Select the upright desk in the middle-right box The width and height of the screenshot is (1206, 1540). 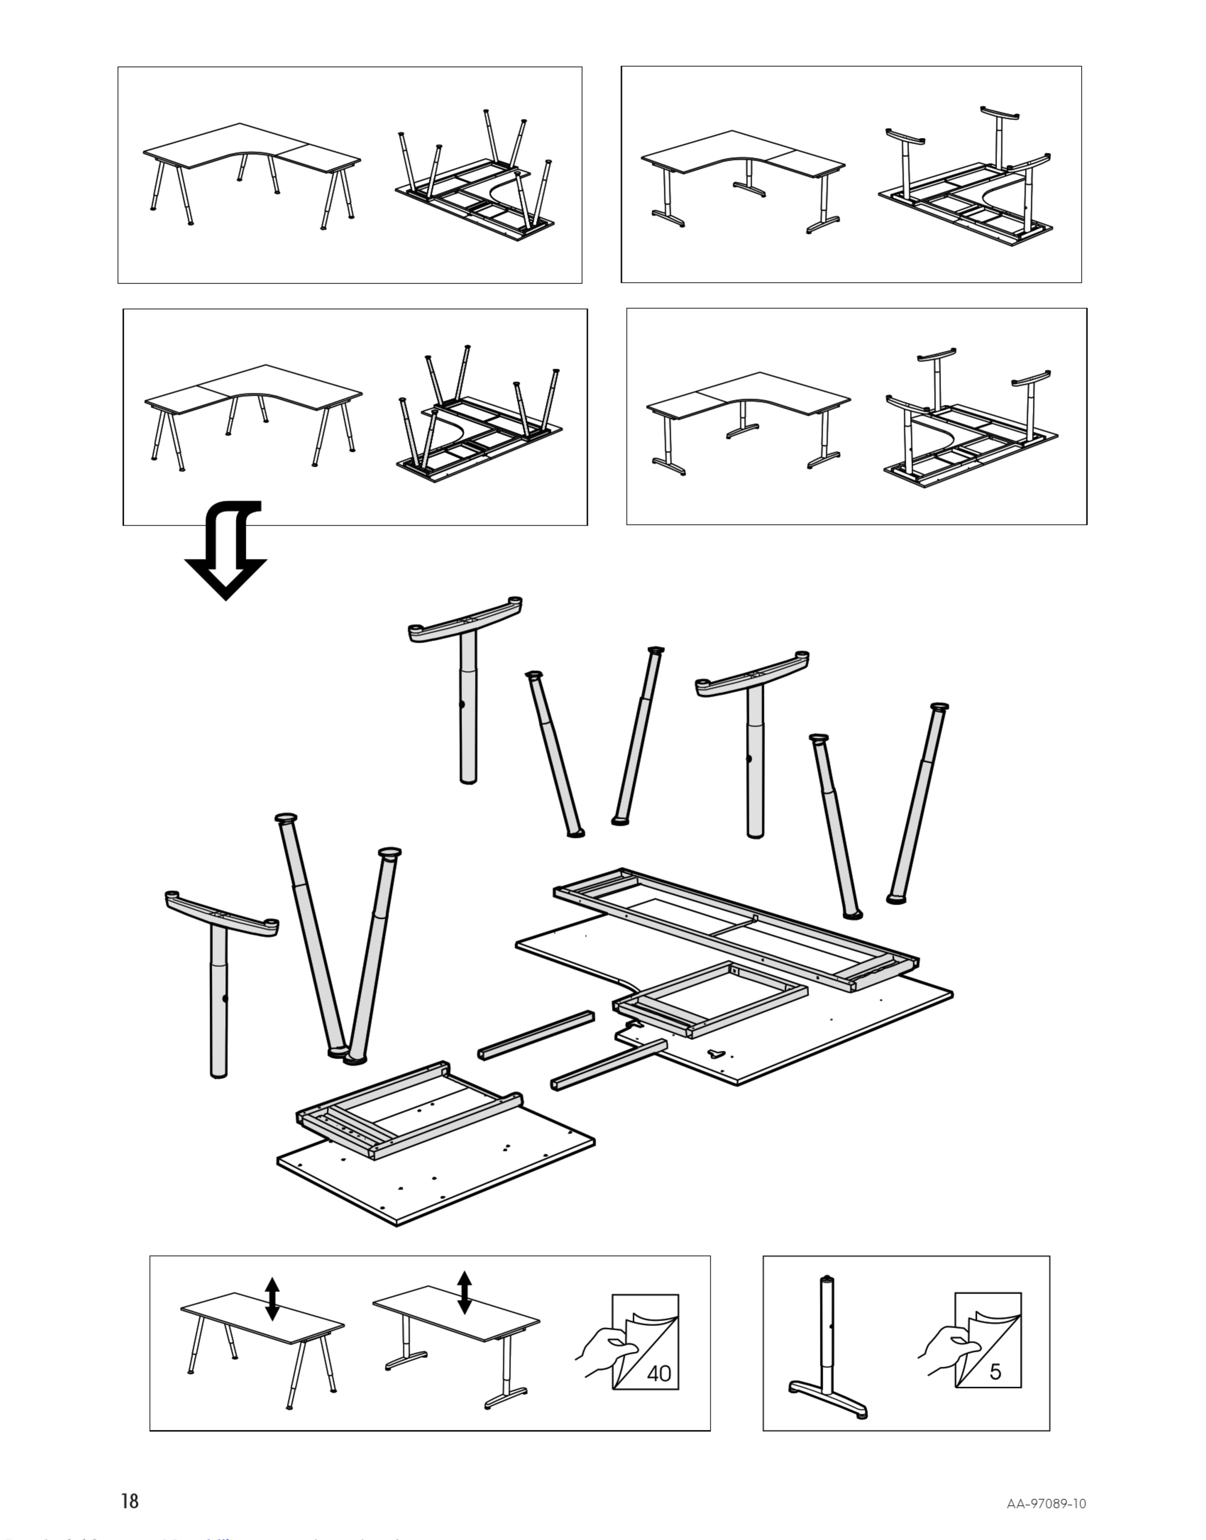[x=748, y=417]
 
